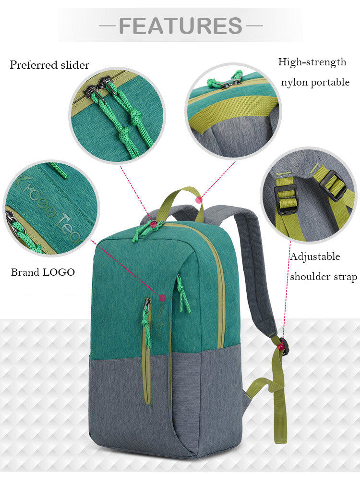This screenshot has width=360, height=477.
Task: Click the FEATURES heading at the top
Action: tap(180, 25)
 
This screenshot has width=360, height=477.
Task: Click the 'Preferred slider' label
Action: tap(49, 65)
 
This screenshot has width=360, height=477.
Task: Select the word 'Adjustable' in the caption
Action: tap(315, 257)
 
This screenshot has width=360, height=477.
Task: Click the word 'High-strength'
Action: tap(312, 62)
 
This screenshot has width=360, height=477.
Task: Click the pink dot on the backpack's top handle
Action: tap(199, 200)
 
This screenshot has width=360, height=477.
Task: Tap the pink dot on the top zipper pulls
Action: tap(154, 224)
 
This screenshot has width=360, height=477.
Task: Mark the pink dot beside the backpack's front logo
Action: tap(162, 297)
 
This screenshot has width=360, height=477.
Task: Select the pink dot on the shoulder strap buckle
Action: tap(282, 346)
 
